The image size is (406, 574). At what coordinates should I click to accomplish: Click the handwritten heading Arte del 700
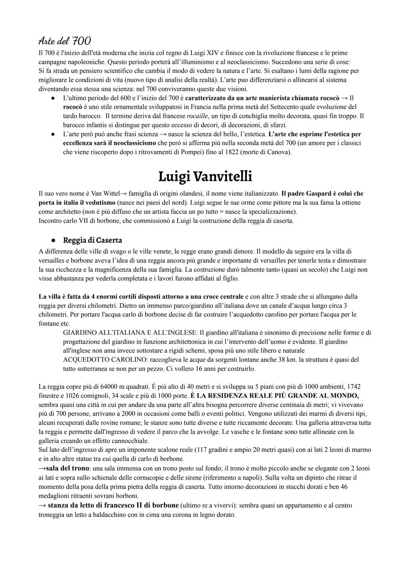(65, 40)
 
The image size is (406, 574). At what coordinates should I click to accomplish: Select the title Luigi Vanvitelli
(205, 176)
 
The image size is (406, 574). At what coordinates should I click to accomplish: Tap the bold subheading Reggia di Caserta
(92, 240)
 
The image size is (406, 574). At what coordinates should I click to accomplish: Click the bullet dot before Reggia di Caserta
(54, 241)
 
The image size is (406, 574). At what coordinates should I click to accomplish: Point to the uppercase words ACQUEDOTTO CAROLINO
(100, 359)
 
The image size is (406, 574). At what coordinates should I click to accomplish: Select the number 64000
(109, 387)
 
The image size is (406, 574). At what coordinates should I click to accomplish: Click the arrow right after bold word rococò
(344, 98)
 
